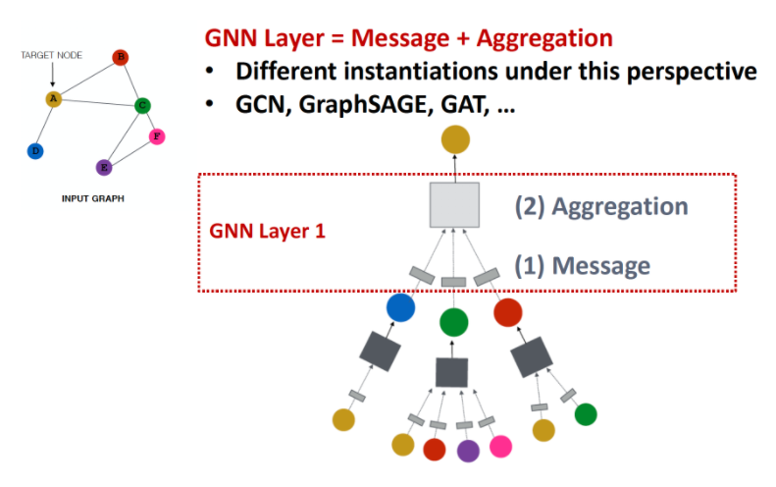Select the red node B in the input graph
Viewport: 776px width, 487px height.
coord(121,57)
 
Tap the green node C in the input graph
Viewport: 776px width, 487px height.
coord(142,105)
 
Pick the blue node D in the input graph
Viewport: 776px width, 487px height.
coord(35,150)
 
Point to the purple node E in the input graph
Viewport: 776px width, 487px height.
coord(104,167)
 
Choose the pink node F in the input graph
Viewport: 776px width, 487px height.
coord(156,136)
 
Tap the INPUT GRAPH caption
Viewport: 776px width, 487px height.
coord(93,198)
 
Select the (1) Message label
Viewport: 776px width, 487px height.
coord(583,264)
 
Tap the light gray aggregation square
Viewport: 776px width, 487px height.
coord(454,206)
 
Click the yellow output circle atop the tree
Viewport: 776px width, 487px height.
coord(454,138)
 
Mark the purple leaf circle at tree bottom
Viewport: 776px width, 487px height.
coord(468,450)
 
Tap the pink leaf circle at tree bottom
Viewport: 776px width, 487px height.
coord(501,447)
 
